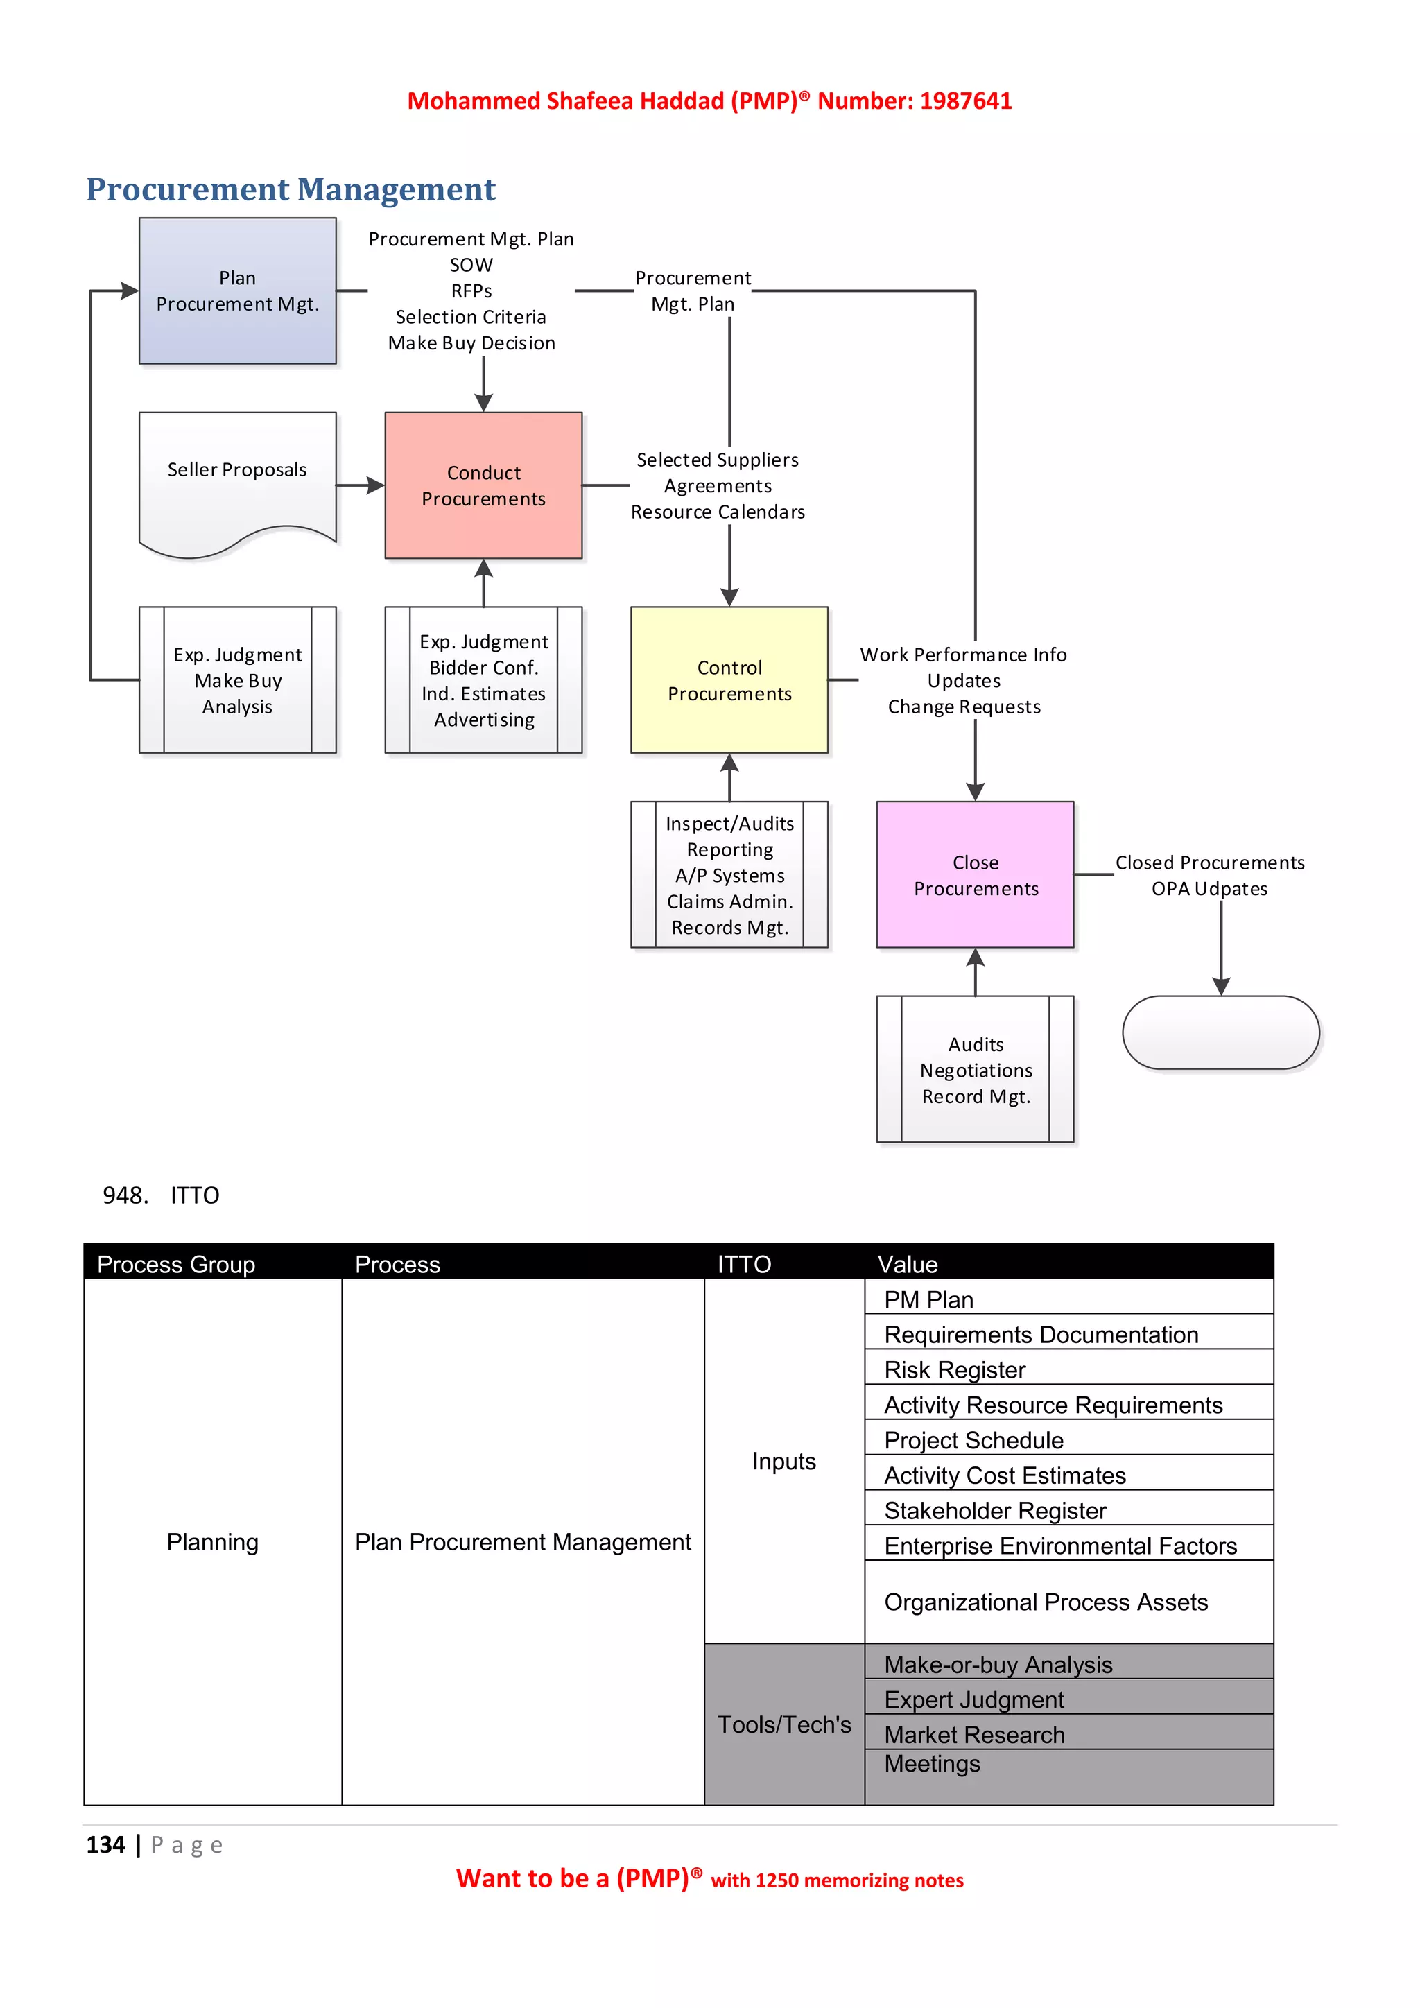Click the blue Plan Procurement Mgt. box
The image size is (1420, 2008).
click(237, 291)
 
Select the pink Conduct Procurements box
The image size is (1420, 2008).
click(483, 485)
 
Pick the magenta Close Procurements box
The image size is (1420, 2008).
click(975, 874)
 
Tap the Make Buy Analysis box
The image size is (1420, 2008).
click(237, 680)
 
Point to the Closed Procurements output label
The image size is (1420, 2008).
click(1209, 863)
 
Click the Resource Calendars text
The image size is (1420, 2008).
click(718, 512)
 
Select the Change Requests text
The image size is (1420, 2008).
click(964, 707)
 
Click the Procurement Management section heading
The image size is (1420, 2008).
click(291, 190)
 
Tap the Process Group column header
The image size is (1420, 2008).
click(175, 1264)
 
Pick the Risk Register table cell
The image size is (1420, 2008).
click(955, 1369)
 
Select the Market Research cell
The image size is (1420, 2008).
click(974, 1734)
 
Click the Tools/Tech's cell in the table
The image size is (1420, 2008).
click(783, 1724)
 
